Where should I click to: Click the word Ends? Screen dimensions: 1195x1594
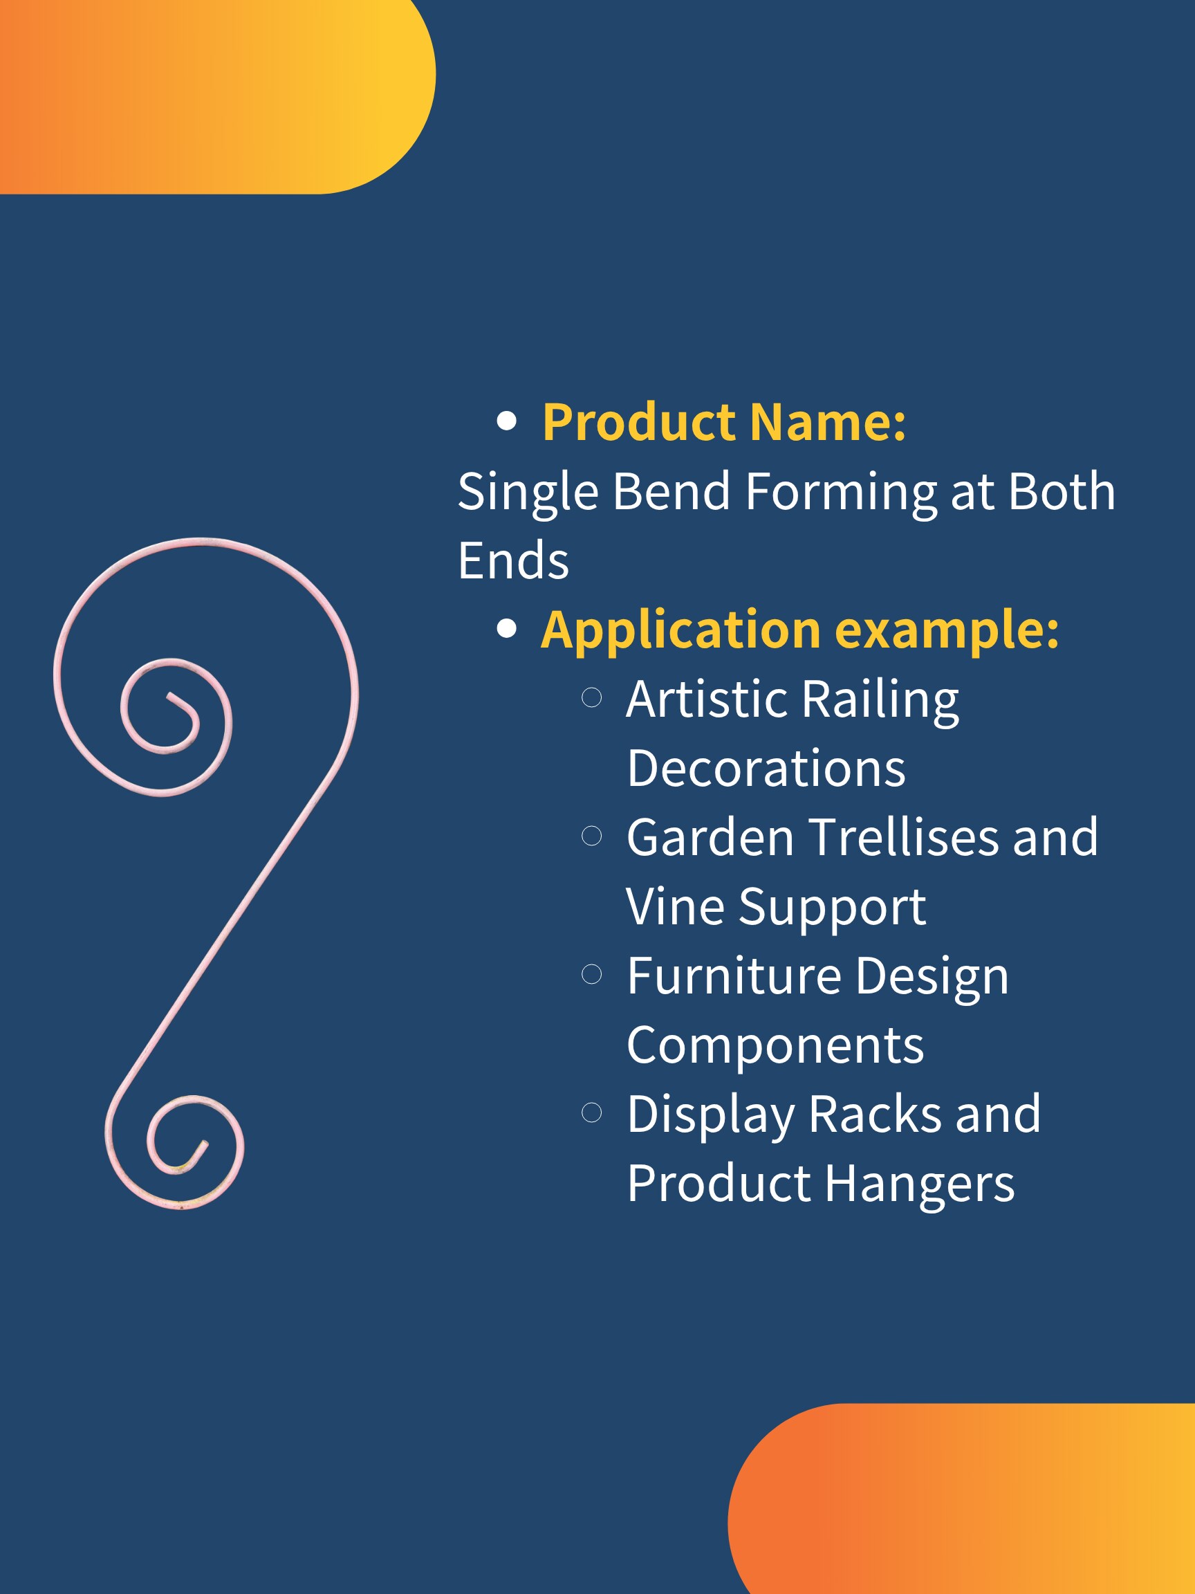pyautogui.click(x=514, y=560)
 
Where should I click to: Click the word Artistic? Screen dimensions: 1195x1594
pyautogui.click(x=707, y=698)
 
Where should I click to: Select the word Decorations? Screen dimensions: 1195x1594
pyautogui.click(x=766, y=768)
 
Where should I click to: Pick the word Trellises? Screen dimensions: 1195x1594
pyautogui.click(x=903, y=837)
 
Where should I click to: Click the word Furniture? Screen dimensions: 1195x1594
pyautogui.click(x=734, y=975)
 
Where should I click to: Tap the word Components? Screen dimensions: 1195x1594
pyautogui.click(x=775, y=1046)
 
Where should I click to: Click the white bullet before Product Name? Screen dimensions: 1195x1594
pyautogui.click(x=507, y=421)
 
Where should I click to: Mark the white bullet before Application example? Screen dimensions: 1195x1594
pyautogui.click(x=507, y=628)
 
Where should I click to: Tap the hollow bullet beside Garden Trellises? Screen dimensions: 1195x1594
pyautogui.click(x=591, y=836)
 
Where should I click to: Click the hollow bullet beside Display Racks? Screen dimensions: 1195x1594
pyautogui.click(x=591, y=1112)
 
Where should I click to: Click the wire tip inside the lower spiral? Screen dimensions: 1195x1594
pyautogui.click(x=205, y=1144)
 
